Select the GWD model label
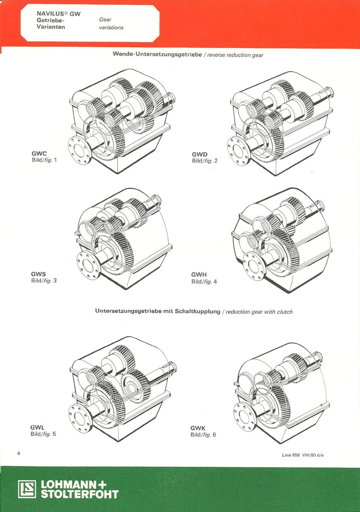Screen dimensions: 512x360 (199, 154)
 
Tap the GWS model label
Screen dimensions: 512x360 (38, 274)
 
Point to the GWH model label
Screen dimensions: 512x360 (199, 275)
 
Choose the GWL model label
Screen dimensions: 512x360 (37, 427)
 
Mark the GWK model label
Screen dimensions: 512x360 (198, 428)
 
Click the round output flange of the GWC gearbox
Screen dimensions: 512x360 (79, 151)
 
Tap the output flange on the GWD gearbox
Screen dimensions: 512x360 (238, 150)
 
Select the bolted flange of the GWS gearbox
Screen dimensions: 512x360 (88, 265)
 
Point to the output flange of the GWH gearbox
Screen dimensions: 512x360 (255, 266)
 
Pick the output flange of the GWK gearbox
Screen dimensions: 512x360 (245, 416)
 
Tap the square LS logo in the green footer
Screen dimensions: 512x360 (27, 489)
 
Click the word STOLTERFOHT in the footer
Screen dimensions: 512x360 (79, 494)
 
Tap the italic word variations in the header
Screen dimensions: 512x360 (111, 27)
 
